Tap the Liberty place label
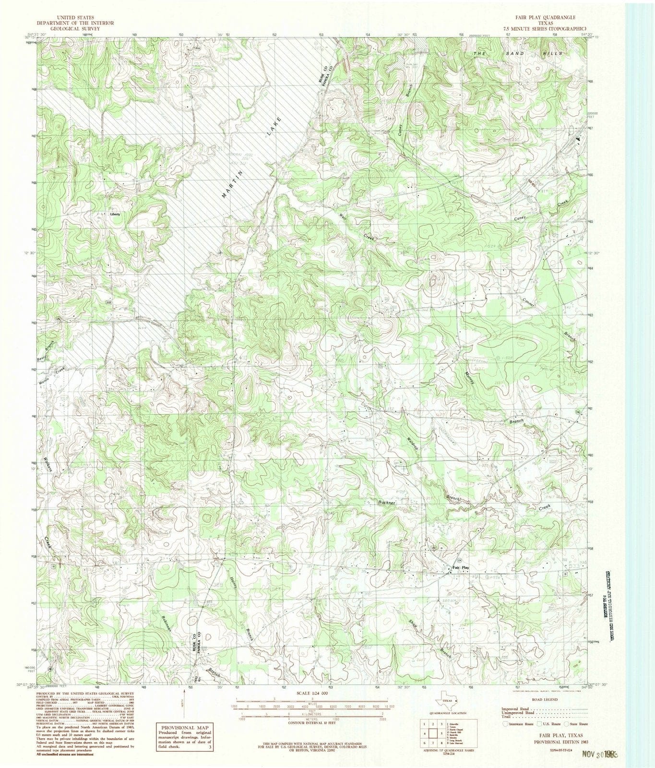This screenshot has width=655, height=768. [115, 214]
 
